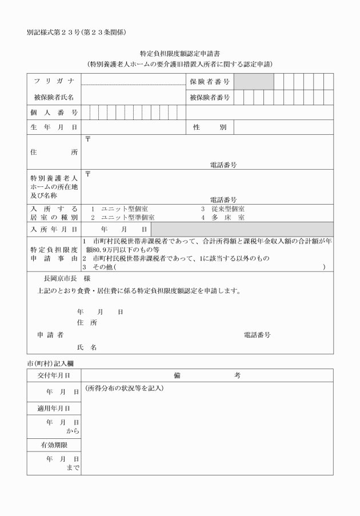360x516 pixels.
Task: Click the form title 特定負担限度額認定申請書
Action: pyautogui.click(x=180, y=53)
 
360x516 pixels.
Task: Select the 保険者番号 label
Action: pyautogui.click(x=209, y=82)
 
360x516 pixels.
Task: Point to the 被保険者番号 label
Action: pyautogui.click(x=209, y=98)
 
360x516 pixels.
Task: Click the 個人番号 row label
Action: pyautogui.click(x=54, y=113)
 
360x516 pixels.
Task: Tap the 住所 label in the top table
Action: pyautogui.click(x=54, y=152)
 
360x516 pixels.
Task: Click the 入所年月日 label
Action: pyautogui.click(x=54, y=229)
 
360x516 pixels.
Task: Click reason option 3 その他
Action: pyautogui.click(x=100, y=267)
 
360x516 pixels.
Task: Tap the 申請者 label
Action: pyautogui.click(x=50, y=334)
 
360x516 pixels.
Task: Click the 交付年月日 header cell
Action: pyautogui.click(x=54, y=375)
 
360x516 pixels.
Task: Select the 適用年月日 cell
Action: pyautogui.click(x=54, y=409)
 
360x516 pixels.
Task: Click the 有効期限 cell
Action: pyautogui.click(x=54, y=444)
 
